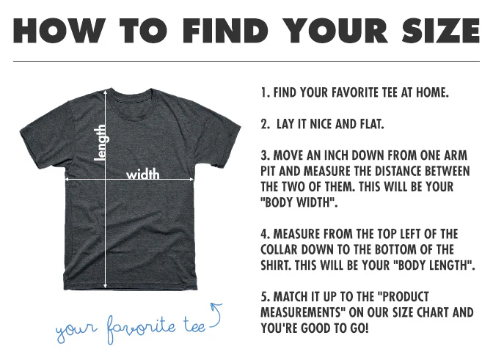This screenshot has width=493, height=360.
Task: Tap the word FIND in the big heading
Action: [x=225, y=31]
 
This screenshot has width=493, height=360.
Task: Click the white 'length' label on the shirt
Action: [x=101, y=143]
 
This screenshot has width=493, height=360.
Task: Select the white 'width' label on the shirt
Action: [x=143, y=174]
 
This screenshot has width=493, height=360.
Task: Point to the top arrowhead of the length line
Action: [x=106, y=92]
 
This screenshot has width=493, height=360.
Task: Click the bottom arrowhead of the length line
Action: [x=106, y=286]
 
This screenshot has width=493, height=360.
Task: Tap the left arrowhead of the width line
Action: [x=66, y=180]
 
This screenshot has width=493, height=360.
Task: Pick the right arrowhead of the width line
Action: [x=191, y=180]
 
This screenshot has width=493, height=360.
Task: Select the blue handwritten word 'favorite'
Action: [x=141, y=328]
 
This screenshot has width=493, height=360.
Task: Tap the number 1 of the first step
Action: [x=264, y=92]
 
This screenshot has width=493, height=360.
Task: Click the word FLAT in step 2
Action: [x=372, y=124]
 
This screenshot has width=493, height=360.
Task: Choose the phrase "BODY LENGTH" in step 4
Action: [x=434, y=265]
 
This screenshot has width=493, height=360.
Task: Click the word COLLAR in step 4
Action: [x=279, y=250]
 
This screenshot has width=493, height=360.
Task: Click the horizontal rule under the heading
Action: [x=246, y=61]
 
